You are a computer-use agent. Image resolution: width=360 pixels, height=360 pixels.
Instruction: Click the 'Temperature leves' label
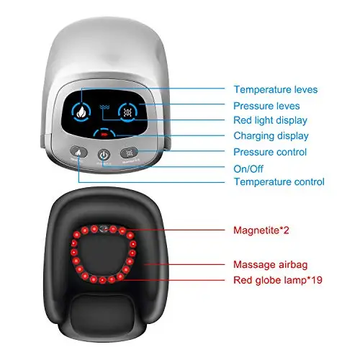pos(276,89)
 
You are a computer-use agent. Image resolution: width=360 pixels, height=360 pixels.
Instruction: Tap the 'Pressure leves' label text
pos(266,106)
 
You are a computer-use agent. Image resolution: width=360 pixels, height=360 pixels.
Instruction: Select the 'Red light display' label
pos(270,121)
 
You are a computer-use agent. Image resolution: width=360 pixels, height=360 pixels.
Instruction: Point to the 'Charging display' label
pos(271,136)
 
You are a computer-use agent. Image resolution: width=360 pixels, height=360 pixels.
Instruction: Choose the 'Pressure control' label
pos(270,152)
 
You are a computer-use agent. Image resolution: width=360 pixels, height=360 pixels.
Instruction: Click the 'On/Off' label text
pos(248,169)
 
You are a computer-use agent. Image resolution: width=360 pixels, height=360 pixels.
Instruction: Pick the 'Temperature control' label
pos(279,181)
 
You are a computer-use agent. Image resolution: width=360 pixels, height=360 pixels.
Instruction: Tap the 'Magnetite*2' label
pos(261,230)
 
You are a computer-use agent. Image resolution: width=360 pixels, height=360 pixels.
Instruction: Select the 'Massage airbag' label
pos(270,265)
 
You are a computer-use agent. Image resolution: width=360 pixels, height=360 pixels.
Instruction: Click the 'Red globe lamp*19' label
pos(278,280)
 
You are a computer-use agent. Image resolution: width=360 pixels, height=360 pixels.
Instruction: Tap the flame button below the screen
pos(78,152)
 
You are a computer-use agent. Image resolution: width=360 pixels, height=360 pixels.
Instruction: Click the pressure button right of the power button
pos(129,153)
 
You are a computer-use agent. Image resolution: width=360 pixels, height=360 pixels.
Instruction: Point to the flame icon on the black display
pos(81,112)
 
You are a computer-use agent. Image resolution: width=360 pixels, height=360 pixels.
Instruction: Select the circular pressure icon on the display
pos(127,112)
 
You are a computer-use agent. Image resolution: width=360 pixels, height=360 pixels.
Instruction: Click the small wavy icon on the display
pos(104,107)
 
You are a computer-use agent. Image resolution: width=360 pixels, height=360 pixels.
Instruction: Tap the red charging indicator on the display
pos(104,135)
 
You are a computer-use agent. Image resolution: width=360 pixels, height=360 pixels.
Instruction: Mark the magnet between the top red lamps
pos(104,229)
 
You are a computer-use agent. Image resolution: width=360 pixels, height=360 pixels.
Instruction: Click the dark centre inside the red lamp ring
pos(103,255)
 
